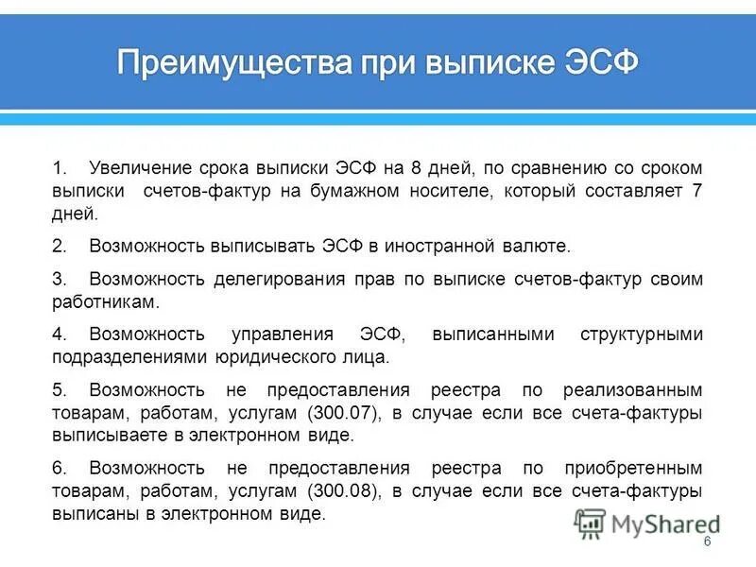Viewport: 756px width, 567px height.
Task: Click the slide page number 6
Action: pos(707,541)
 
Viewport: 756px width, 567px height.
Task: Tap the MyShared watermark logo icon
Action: pos(591,523)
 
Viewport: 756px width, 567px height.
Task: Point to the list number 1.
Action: pos(59,168)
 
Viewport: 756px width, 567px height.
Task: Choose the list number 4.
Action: pos(59,335)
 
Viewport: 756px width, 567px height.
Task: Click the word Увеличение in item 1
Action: pos(139,168)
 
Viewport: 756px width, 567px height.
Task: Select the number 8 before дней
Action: pos(416,168)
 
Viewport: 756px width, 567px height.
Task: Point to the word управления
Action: pos(283,335)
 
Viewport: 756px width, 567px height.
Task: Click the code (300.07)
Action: pos(341,412)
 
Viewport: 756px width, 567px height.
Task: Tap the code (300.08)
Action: pos(341,491)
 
